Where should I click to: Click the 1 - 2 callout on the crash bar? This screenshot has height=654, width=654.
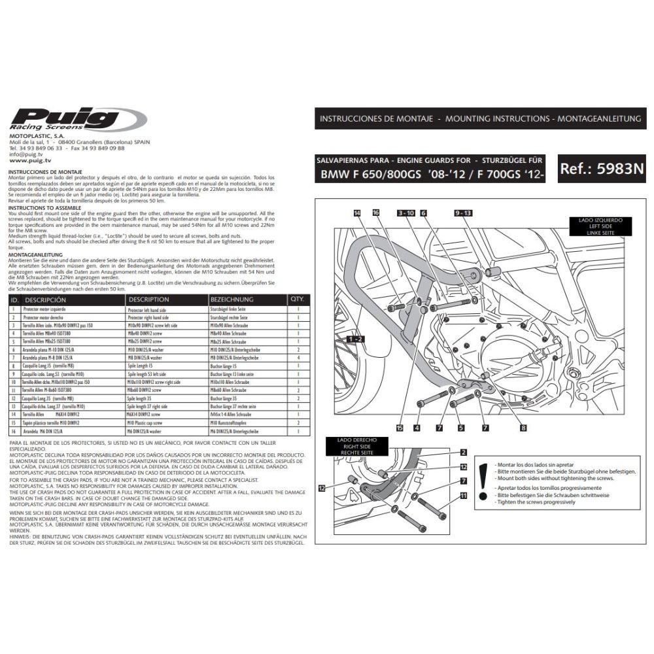356,339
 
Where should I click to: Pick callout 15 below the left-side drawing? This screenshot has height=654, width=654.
399,428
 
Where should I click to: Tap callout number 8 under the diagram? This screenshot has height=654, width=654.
523,428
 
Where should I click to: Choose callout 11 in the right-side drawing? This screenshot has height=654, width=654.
463,496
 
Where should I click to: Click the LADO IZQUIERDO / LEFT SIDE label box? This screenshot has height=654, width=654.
600,226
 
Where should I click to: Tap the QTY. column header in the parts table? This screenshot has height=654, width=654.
296,299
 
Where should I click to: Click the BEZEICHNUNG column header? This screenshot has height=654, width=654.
232,299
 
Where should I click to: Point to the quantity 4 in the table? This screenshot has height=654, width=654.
298,358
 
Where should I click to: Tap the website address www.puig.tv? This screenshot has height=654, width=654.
31,160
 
